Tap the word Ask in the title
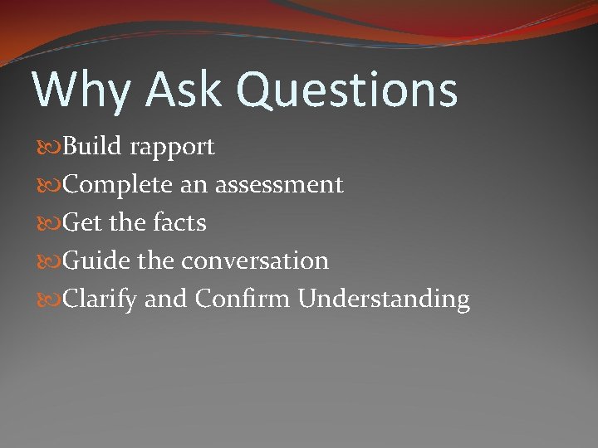point(181,90)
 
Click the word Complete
point(119,185)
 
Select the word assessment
point(279,185)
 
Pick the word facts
point(180,222)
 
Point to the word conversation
point(255,261)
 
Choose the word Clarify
point(100,299)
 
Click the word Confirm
point(243,298)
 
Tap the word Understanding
point(384,299)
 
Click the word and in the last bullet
point(165,298)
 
